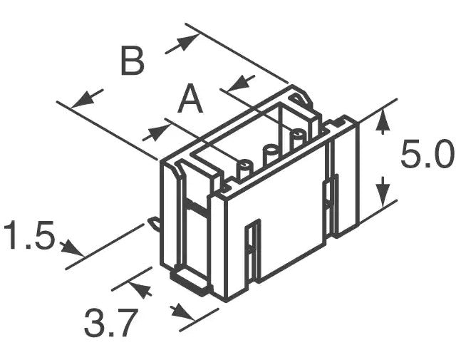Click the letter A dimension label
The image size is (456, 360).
pos(190,99)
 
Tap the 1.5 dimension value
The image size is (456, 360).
pos(29,235)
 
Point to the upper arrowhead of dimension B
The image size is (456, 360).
pos(185,43)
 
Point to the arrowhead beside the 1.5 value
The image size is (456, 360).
pos(72,248)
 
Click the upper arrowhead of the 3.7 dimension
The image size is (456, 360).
pos(140,288)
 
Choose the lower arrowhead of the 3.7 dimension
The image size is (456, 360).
pos(183,313)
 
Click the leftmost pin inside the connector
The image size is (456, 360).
pos(246,169)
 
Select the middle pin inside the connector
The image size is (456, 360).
pos(271,154)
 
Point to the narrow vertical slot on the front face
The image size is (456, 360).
pos(253,250)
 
